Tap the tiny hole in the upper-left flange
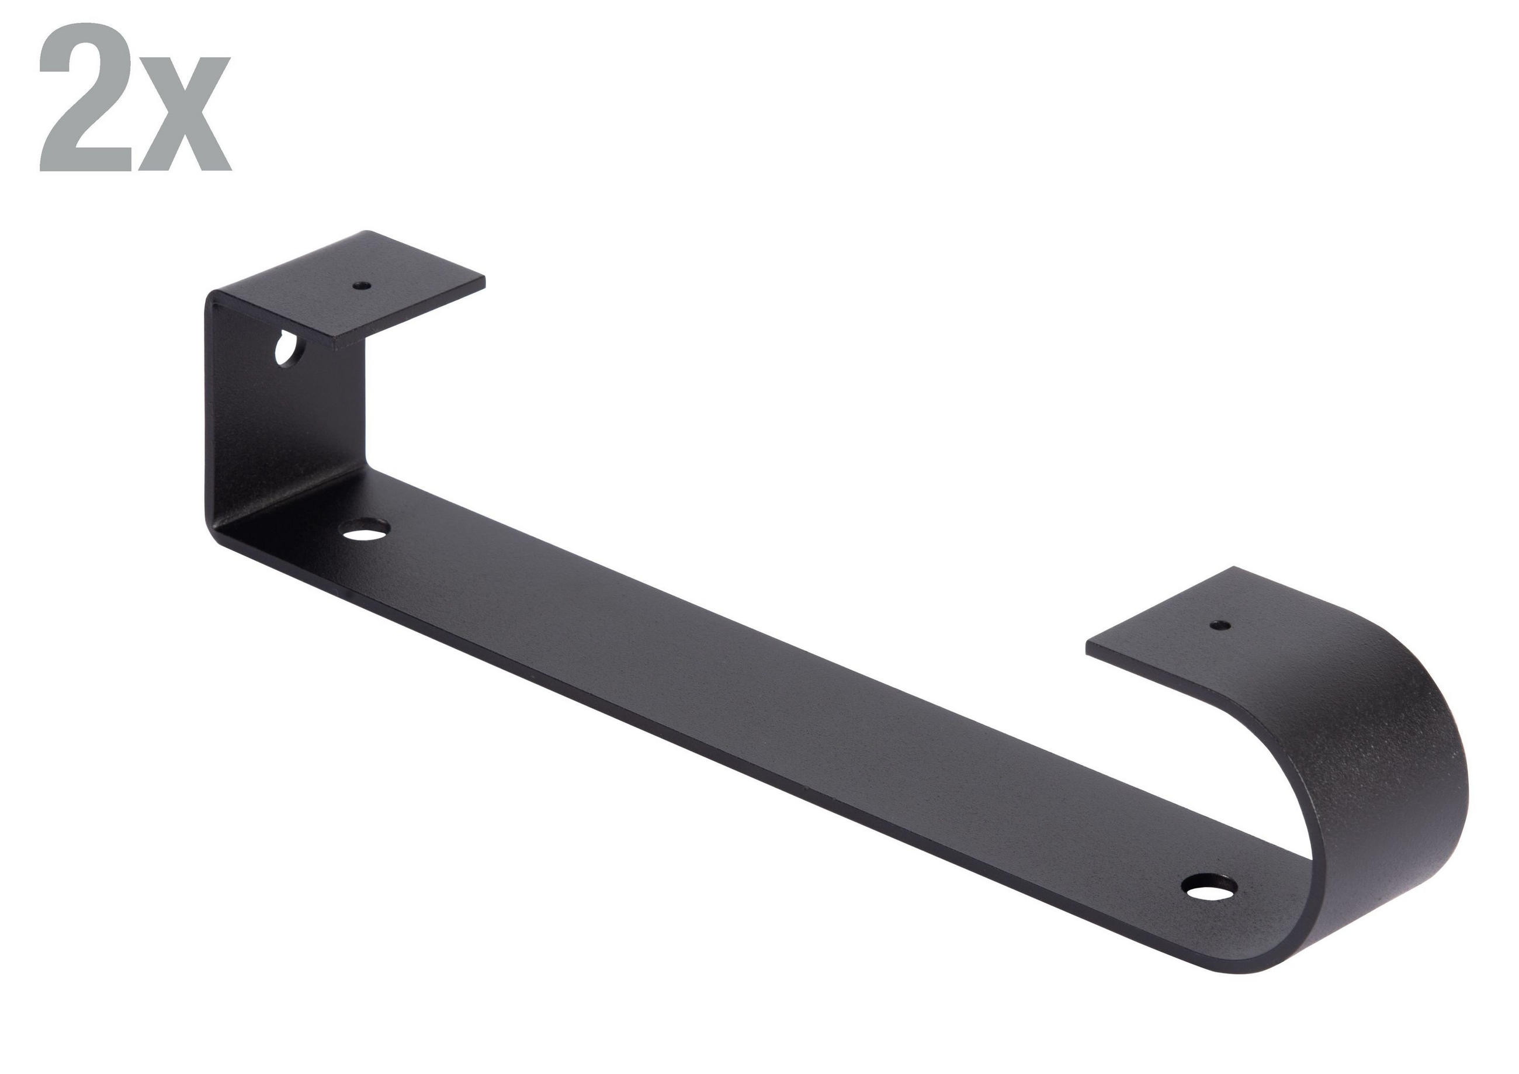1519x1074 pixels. pos(361,286)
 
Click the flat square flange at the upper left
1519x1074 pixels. pos(351,289)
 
